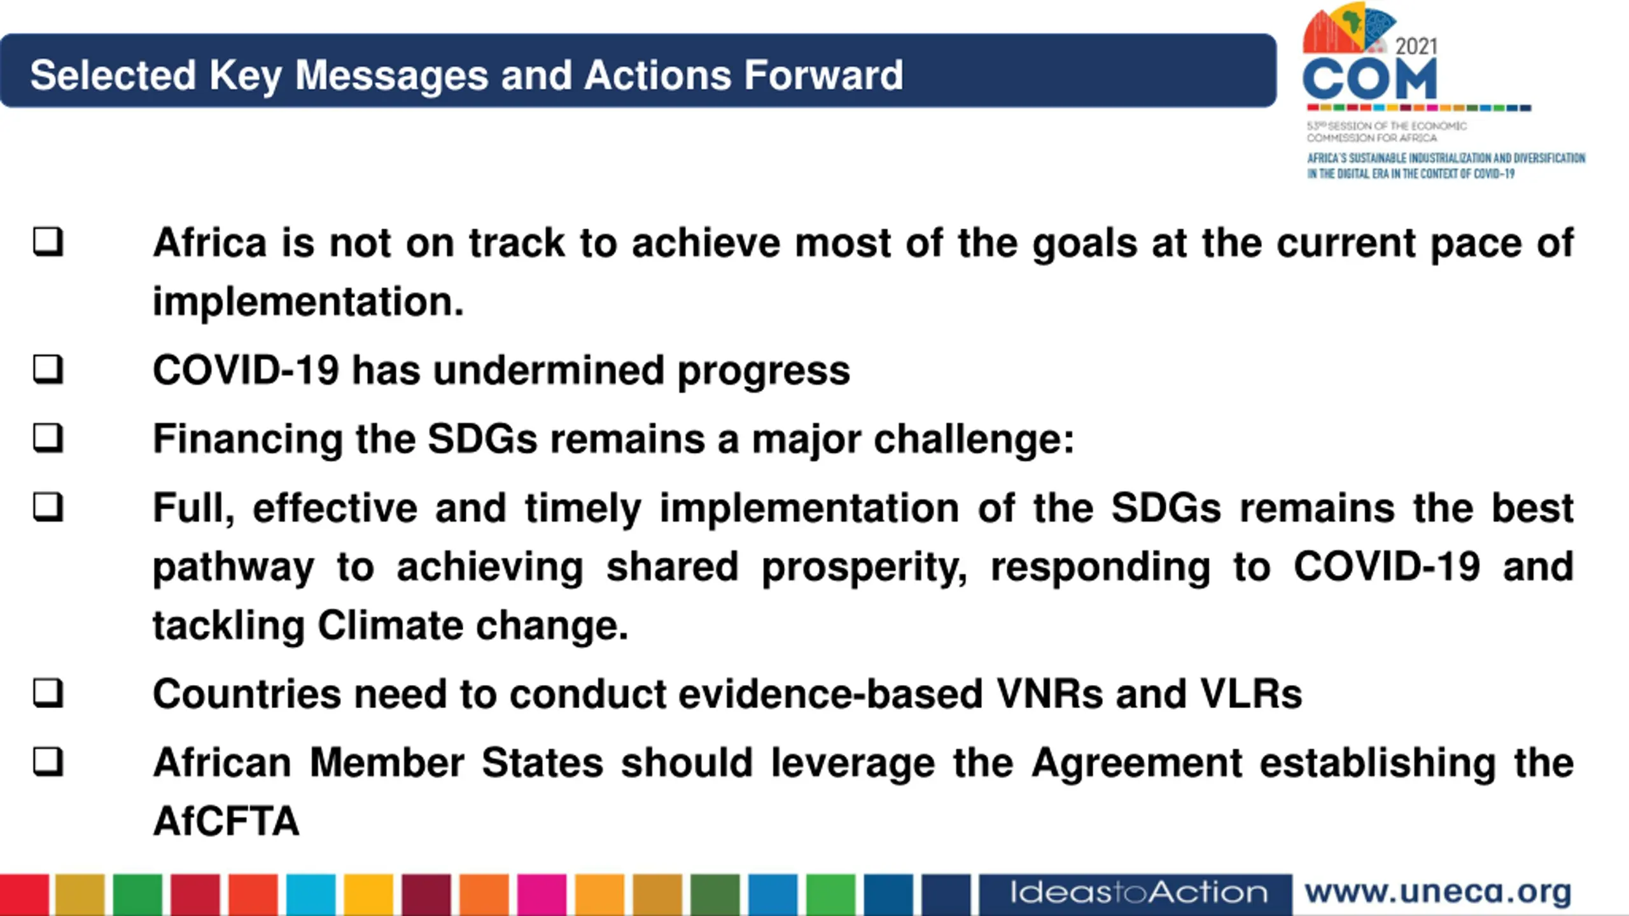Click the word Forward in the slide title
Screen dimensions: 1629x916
(x=823, y=75)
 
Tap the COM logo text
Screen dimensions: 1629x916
(x=1369, y=80)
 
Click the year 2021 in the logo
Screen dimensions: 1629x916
(x=1416, y=46)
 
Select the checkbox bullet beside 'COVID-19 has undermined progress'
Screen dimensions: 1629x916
(x=48, y=369)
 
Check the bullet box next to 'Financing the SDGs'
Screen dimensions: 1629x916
(x=48, y=438)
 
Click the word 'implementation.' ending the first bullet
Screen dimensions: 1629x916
(x=309, y=302)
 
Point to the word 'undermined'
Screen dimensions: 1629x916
(x=549, y=370)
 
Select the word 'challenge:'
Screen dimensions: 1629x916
(x=974, y=440)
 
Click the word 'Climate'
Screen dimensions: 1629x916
(x=390, y=625)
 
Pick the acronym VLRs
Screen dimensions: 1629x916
(x=1251, y=693)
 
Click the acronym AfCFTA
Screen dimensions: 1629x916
(x=226, y=821)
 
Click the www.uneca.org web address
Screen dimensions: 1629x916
(x=1438, y=892)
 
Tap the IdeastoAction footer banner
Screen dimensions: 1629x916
(x=1136, y=893)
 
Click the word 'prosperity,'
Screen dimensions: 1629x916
(x=865, y=567)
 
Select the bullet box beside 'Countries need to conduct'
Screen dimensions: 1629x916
(x=48, y=692)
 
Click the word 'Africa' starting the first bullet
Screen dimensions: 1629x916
(x=210, y=243)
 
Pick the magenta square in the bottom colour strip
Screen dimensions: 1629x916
(x=542, y=894)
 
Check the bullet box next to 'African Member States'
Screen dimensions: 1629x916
(x=48, y=761)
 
